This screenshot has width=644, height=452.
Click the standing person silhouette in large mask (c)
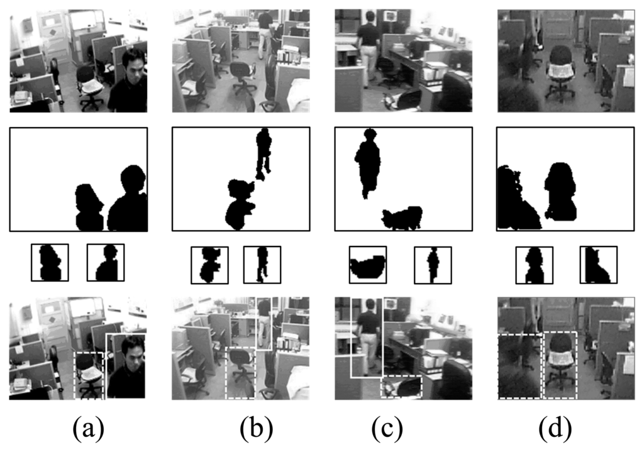pos(367,160)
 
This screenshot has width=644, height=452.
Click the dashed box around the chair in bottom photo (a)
pos(89,375)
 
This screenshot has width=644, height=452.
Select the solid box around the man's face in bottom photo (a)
pos(126,365)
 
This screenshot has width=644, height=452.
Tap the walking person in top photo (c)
pos(368,47)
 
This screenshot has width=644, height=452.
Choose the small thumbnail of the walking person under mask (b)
pos(262,264)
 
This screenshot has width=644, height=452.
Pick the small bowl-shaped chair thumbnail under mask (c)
pos(367,265)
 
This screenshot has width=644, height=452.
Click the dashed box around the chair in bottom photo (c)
pos(402,386)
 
